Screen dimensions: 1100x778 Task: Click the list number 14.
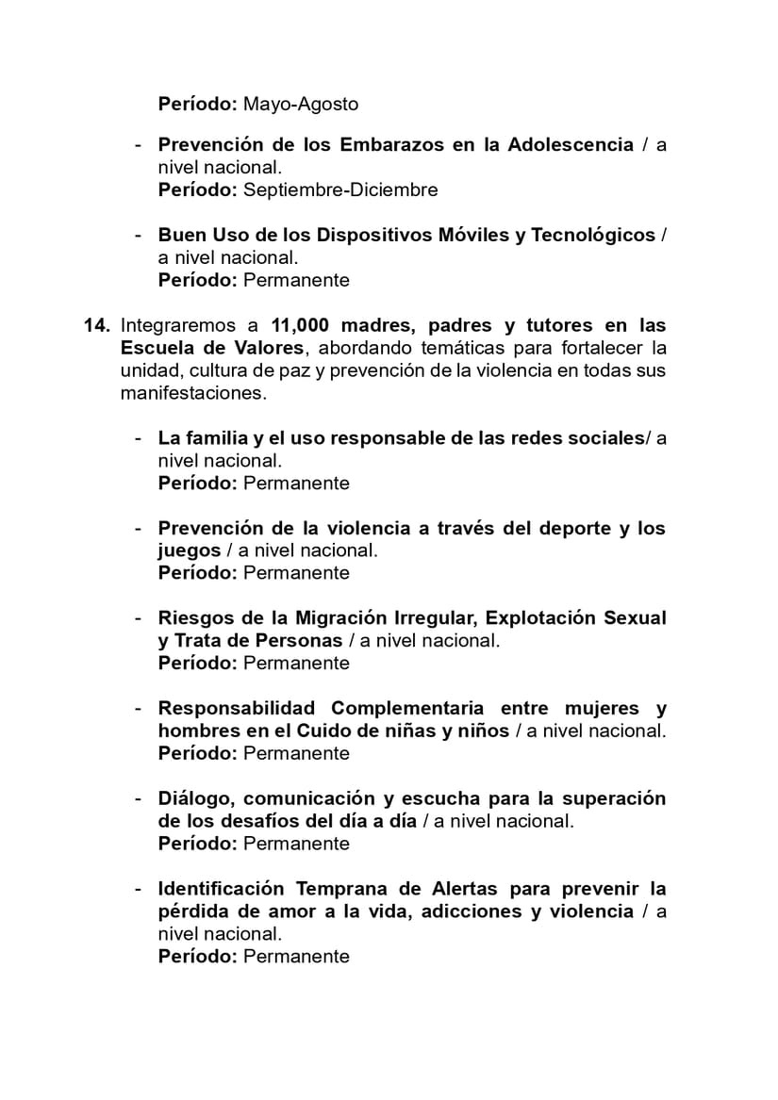[x=97, y=325]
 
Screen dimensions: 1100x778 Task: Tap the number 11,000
[x=300, y=325]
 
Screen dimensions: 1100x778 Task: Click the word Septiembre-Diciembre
[x=340, y=189]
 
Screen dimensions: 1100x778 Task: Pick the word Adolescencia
[x=571, y=144]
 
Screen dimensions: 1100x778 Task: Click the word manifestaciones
[x=193, y=393]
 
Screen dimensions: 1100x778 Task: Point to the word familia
[x=210, y=438]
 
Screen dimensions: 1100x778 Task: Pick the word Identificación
[x=221, y=889]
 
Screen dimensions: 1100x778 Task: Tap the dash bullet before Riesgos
[x=139, y=618]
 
